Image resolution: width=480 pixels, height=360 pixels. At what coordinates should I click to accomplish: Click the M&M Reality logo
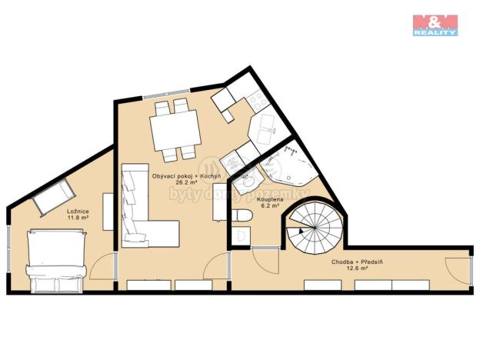pos(435,25)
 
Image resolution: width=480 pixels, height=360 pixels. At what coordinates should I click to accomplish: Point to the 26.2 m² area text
pos(187,185)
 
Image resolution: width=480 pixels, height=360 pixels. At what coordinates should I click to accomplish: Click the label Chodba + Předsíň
pos(356,262)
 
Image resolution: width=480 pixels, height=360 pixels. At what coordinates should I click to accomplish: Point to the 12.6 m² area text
pos(356,270)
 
